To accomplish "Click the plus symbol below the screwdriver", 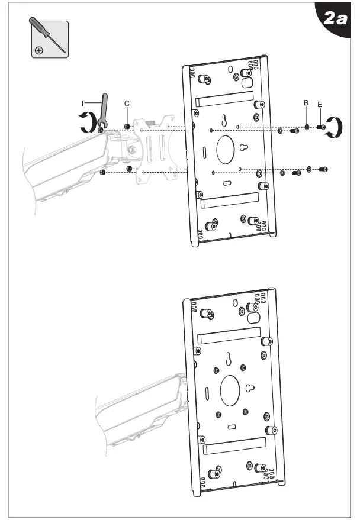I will [x=39, y=51].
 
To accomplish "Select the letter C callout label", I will [x=127, y=104].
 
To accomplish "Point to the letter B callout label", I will [x=306, y=102].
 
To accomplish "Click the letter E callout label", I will [x=320, y=105].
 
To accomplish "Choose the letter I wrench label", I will [x=82, y=103].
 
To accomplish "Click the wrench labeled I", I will [x=104, y=109].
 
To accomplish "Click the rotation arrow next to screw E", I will [x=336, y=127].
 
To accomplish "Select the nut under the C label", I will [x=127, y=117].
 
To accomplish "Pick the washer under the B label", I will [x=307, y=126].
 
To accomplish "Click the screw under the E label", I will [x=322, y=126].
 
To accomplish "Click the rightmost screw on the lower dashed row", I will [x=323, y=169].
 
